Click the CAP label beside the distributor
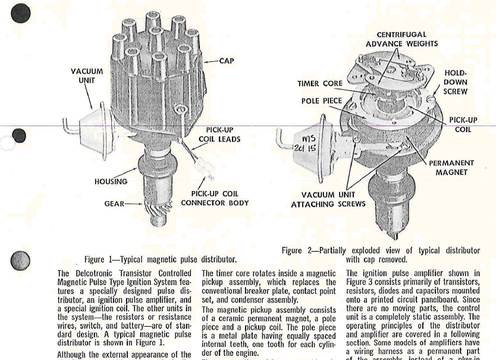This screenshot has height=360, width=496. (227, 61)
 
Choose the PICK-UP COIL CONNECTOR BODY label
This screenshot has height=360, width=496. (215, 198)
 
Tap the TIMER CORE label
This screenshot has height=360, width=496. (319, 84)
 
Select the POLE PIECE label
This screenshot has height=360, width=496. (322, 101)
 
